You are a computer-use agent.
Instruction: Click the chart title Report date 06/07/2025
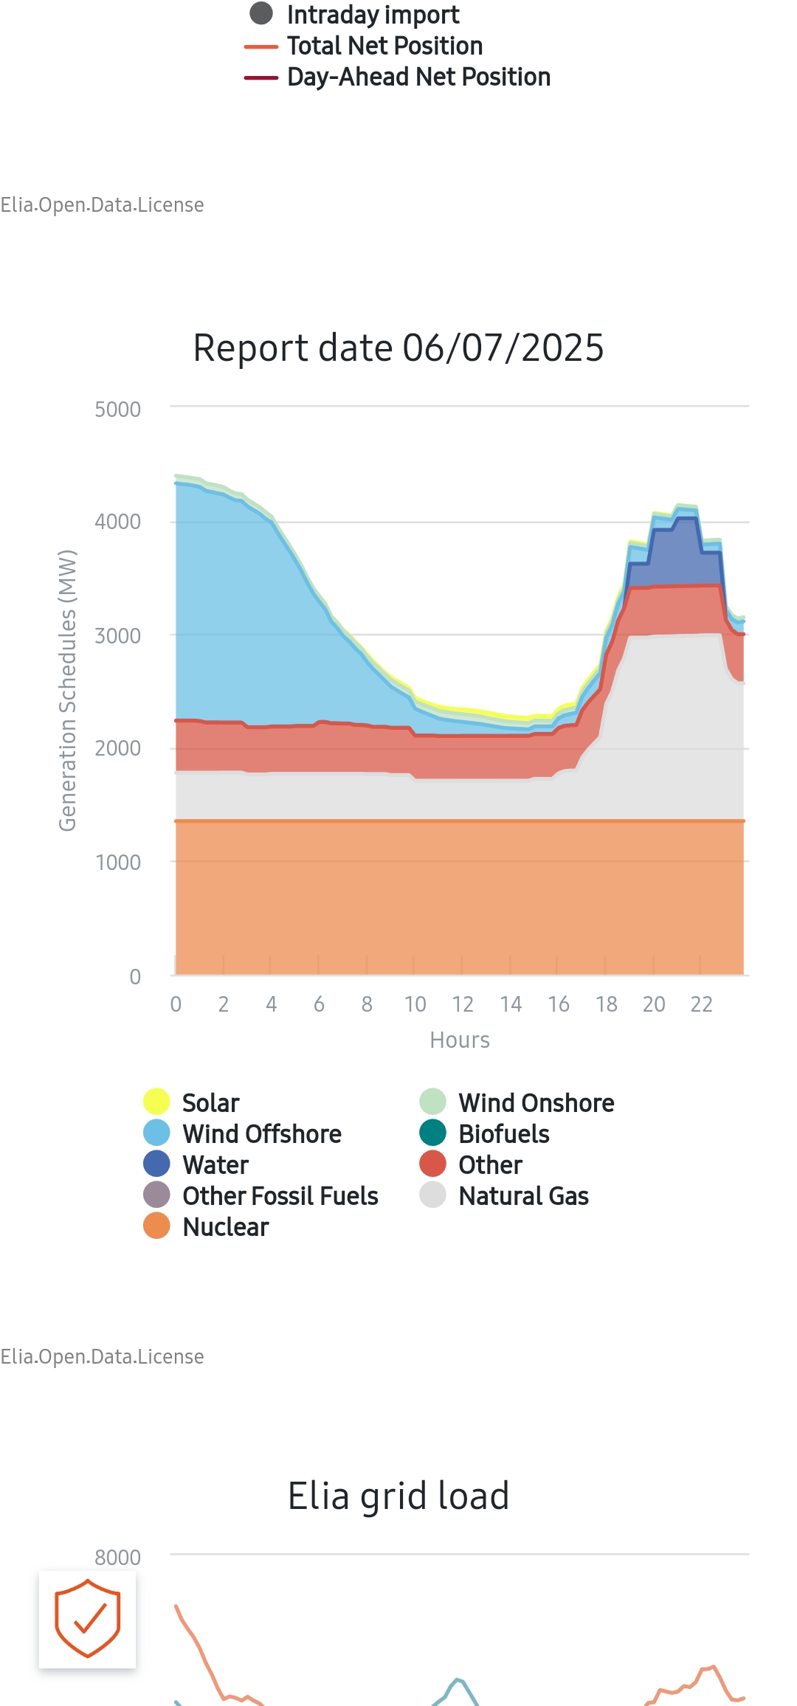tap(398, 348)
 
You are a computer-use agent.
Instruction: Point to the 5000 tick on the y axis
tap(117, 410)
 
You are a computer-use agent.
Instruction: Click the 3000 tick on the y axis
tap(117, 636)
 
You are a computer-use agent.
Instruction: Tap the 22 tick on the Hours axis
tap(701, 1004)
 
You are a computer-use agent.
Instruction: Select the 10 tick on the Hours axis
tap(415, 1004)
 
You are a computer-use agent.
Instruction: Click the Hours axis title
tap(460, 1040)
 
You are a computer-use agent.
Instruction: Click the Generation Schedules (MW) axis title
tap(68, 691)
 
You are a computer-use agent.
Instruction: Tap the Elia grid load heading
tap(398, 1496)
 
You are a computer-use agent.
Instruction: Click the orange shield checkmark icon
tap(87, 1619)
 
